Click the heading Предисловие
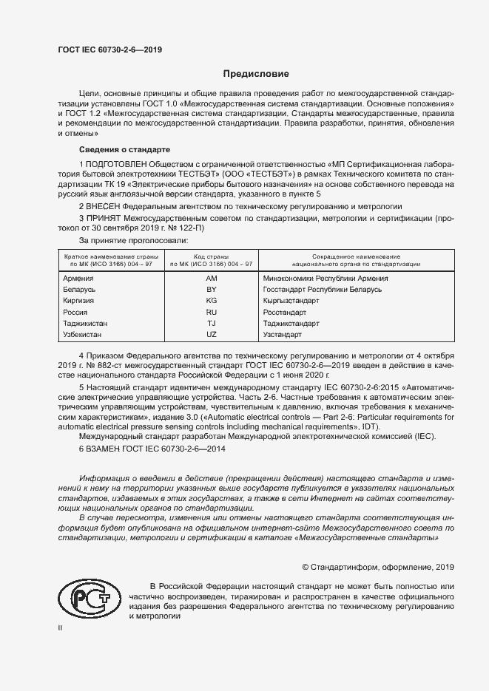point(257,75)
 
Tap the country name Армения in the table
point(79,279)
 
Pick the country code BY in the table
point(211,290)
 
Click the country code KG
point(211,301)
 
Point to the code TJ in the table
point(211,324)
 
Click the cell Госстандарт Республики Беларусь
point(322,290)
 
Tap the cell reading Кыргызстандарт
point(291,301)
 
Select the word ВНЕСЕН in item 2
point(104,207)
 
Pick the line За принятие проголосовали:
point(133,240)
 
